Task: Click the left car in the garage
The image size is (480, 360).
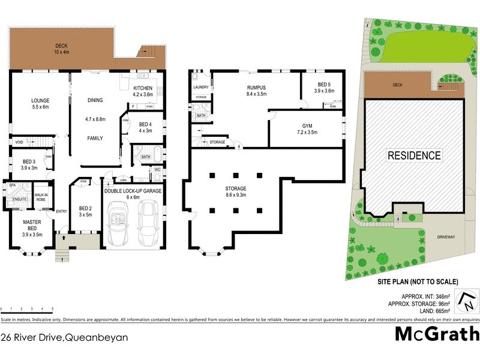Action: pos(116,223)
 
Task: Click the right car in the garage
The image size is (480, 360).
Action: pos(149,223)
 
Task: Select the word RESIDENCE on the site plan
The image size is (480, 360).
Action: pos(414,155)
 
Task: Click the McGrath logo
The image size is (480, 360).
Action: pos(437,334)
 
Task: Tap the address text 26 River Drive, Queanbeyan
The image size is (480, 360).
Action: pos(64,338)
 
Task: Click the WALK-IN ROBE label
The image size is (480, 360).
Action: pos(41,197)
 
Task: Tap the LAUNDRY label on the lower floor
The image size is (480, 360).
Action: pos(201,87)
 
